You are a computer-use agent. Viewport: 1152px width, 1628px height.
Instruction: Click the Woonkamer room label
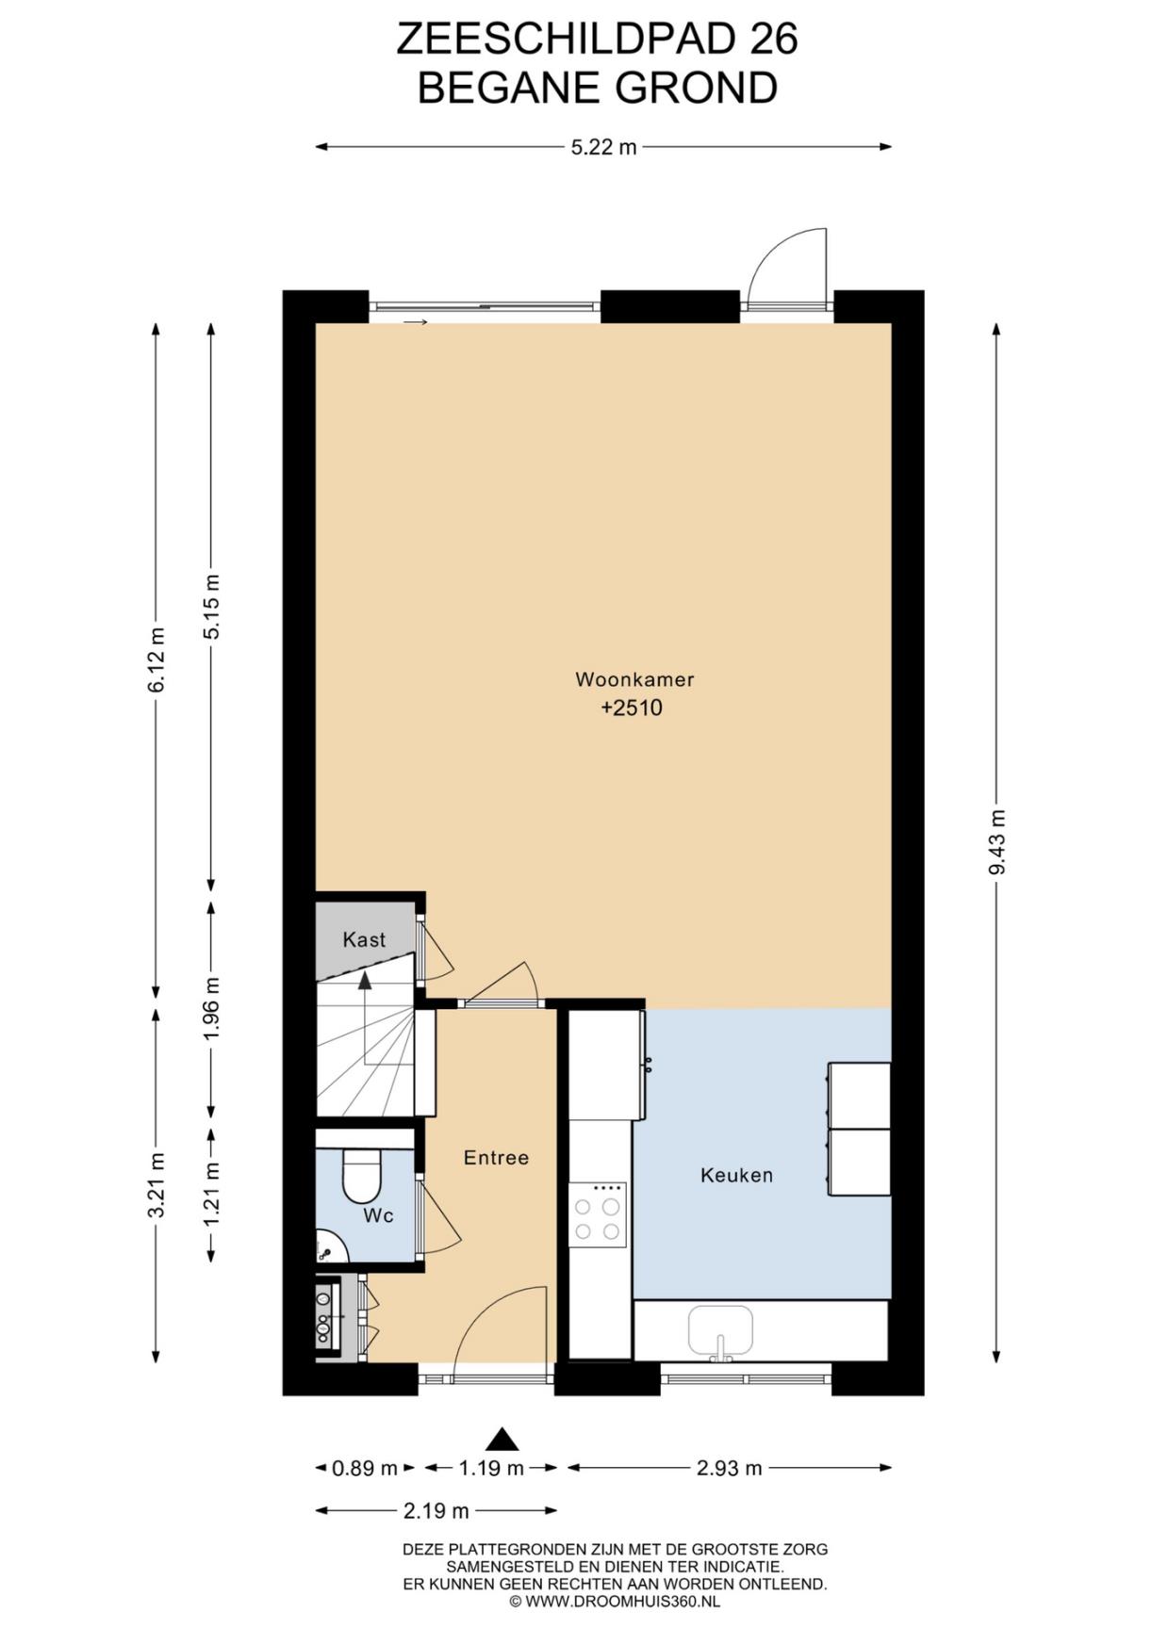(634, 679)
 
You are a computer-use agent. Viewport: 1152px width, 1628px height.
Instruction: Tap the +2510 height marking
(632, 708)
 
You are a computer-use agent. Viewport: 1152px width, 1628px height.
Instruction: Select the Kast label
(364, 939)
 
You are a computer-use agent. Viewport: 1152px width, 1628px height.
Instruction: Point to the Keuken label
(736, 1175)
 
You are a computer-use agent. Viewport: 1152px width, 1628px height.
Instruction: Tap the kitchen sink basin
(721, 1330)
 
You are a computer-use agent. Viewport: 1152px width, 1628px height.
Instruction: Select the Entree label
(496, 1158)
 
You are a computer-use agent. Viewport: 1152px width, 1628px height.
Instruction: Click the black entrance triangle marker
(502, 1439)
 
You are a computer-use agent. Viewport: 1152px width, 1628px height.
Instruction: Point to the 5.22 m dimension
(603, 147)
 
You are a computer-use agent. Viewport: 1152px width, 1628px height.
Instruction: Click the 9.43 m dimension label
(996, 842)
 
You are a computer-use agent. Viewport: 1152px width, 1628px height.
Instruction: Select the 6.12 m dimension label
(156, 659)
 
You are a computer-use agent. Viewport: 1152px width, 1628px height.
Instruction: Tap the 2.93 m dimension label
(729, 1468)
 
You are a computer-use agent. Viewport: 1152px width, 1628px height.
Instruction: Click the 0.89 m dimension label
(365, 1468)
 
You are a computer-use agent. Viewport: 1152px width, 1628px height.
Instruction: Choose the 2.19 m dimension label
(436, 1511)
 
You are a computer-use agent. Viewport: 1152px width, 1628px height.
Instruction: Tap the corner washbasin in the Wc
(329, 1247)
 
